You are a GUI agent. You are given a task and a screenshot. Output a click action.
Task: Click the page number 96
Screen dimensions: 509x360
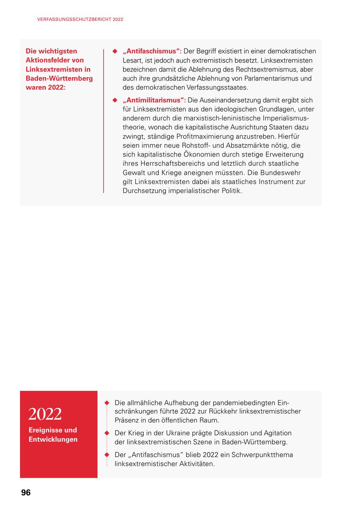coord(26,493)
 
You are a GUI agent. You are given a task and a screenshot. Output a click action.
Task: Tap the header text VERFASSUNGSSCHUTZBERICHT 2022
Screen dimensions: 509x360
coord(80,19)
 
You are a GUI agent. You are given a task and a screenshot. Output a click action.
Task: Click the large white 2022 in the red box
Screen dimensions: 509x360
coord(45,414)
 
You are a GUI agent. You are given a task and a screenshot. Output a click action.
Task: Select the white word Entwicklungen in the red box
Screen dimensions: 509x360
coord(53,439)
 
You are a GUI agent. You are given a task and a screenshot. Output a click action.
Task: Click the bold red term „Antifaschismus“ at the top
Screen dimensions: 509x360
coord(152,51)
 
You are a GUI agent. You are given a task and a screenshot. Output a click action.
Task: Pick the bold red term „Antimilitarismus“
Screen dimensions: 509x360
coord(154,100)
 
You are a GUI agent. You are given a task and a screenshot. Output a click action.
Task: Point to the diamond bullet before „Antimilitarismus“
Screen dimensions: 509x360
coord(114,100)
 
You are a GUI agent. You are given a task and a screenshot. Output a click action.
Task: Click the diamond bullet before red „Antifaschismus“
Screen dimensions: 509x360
coord(114,51)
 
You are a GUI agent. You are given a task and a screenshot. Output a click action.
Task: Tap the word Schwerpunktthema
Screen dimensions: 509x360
coord(262,455)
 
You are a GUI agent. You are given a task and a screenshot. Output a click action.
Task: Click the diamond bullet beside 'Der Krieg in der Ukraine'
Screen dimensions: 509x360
coord(107,433)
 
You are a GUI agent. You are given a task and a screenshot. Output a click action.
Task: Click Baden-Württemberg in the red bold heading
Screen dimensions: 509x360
coord(59,78)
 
